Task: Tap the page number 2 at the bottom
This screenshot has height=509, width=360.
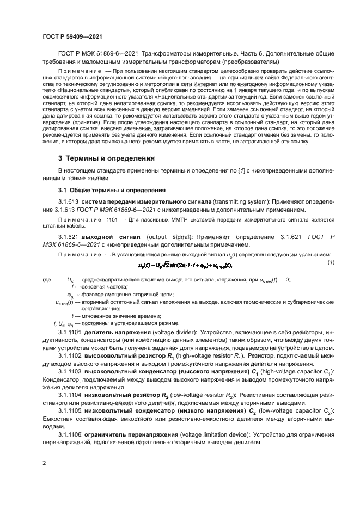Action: [x=44, y=463]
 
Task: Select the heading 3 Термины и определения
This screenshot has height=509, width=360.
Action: [x=107, y=158]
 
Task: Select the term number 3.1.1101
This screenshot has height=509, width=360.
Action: [x=70, y=332]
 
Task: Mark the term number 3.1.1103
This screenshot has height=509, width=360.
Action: [x=70, y=372]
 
